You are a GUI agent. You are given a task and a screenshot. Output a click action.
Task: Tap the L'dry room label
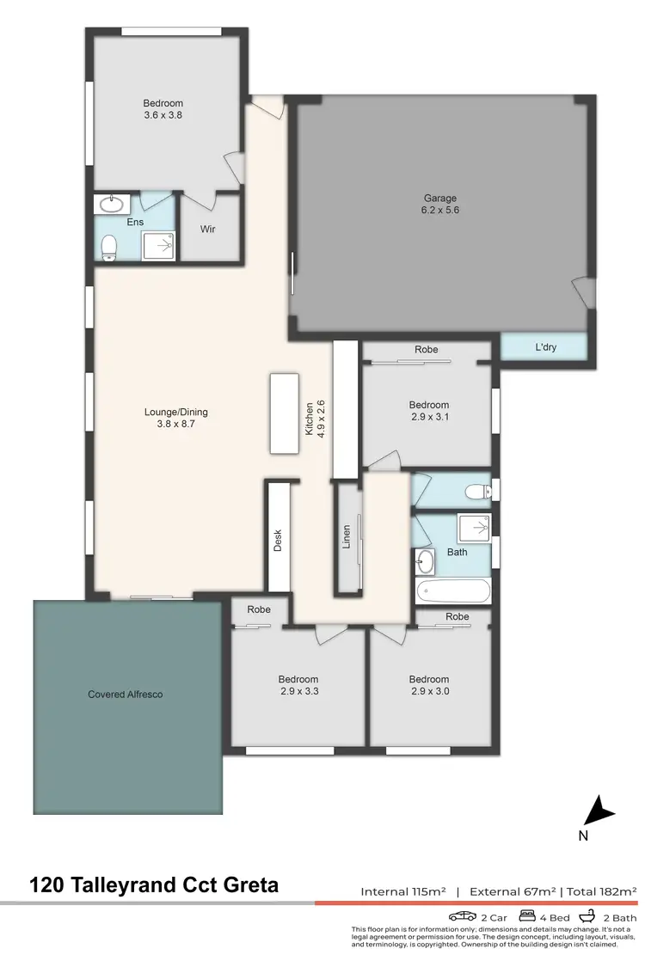pyautogui.click(x=544, y=348)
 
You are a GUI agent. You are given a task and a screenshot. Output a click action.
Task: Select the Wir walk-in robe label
pyautogui.click(x=207, y=230)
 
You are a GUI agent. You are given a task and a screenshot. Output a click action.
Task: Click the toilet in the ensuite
pyautogui.click(x=109, y=248)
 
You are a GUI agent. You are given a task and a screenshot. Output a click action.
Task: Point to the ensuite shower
pyautogui.click(x=157, y=244)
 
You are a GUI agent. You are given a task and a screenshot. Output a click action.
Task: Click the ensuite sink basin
pyautogui.click(x=111, y=205)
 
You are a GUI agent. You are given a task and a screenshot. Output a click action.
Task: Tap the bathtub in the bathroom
pyautogui.click(x=452, y=591)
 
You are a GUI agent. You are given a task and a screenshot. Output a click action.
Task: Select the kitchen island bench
pyautogui.click(x=284, y=413)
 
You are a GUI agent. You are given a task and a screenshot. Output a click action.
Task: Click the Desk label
pyautogui.click(x=278, y=539)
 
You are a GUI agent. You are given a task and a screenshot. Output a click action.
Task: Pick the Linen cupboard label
pyautogui.click(x=347, y=537)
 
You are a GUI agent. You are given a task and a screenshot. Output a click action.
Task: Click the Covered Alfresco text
pyautogui.click(x=126, y=694)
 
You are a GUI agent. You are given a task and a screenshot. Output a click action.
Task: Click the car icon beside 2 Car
pyautogui.click(x=463, y=916)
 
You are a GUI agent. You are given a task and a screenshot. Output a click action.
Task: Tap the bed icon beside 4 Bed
pyautogui.click(x=526, y=916)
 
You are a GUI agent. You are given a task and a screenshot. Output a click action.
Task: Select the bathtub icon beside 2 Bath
pyautogui.click(x=587, y=916)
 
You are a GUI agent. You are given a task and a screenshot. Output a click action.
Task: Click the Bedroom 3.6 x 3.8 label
pyautogui.click(x=163, y=109)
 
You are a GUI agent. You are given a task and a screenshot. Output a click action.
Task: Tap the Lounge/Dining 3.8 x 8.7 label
pyautogui.click(x=175, y=418)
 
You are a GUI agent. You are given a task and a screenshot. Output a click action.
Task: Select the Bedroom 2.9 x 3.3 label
pyautogui.click(x=299, y=684)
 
